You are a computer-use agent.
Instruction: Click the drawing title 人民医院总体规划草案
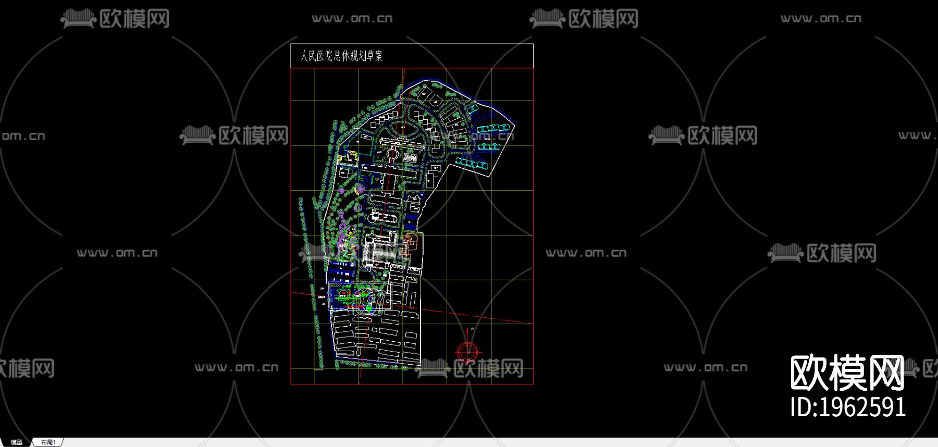[341, 56]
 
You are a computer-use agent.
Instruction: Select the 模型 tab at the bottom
[17, 442]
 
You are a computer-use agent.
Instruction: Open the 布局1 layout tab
[48, 442]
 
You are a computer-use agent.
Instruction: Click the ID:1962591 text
[848, 407]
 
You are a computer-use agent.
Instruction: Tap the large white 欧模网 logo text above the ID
[847, 372]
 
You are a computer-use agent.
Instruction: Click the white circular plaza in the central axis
[393, 154]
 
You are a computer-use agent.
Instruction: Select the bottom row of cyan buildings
[472, 163]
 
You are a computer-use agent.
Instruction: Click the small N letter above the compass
[472, 329]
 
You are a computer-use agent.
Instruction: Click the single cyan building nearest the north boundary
[473, 109]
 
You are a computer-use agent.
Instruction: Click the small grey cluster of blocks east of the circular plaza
[410, 157]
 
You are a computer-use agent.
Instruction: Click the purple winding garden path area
[344, 229]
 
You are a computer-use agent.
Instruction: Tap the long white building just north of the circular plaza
[399, 142]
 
